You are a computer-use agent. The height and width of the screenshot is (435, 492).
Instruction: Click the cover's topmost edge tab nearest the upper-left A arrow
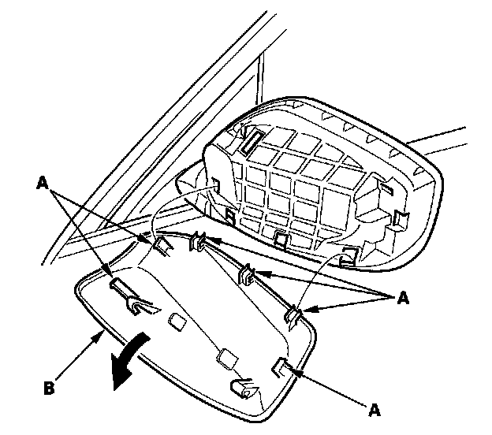coord(163,245)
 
